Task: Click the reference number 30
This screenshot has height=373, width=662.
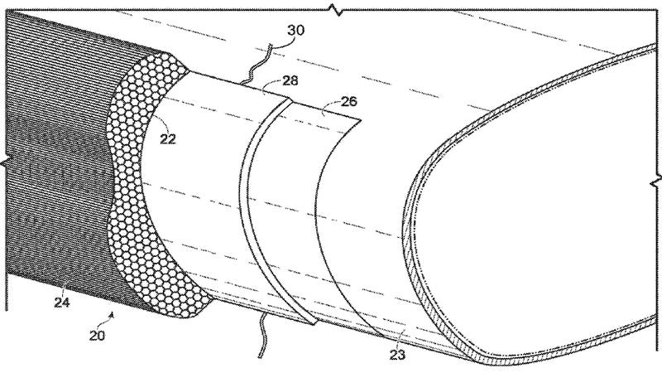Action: [295, 31]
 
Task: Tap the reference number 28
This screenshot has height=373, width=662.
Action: [290, 80]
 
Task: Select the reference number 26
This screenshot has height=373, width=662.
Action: [348, 101]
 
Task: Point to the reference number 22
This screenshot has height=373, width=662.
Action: [168, 138]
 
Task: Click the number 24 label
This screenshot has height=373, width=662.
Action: [61, 303]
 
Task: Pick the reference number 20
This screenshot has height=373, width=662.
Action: [97, 336]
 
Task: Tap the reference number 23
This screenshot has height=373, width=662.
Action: [397, 355]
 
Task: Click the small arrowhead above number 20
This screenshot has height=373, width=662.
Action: [112, 314]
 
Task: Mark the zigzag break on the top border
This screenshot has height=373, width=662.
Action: [337, 9]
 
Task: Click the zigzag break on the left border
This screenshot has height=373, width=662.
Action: [5, 162]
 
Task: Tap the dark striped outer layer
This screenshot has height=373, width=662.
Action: [59, 161]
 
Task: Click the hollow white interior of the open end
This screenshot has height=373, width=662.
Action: [536, 199]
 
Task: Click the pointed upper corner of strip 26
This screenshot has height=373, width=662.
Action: [360, 119]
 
